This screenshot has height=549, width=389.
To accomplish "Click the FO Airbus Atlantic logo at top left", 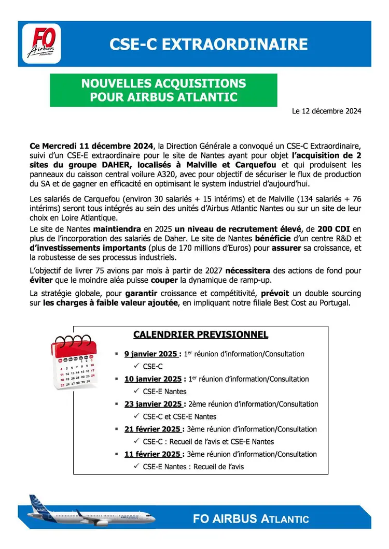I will pyautogui.click(x=44, y=44).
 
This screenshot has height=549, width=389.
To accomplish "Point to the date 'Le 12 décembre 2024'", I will pyautogui.click(x=326, y=111).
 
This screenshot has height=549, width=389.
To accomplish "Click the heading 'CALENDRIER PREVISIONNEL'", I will pyautogui.click(x=201, y=335).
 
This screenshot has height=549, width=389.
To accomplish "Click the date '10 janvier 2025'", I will pyautogui.click(x=153, y=379).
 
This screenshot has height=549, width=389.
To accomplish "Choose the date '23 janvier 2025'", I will pyautogui.click(x=153, y=404).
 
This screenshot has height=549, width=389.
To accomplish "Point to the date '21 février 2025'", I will pyautogui.click(x=153, y=429).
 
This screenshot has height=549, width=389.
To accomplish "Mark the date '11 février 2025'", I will pyautogui.click(x=153, y=454).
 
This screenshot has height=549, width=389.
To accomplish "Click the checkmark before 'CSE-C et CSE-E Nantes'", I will pyautogui.click(x=137, y=416).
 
